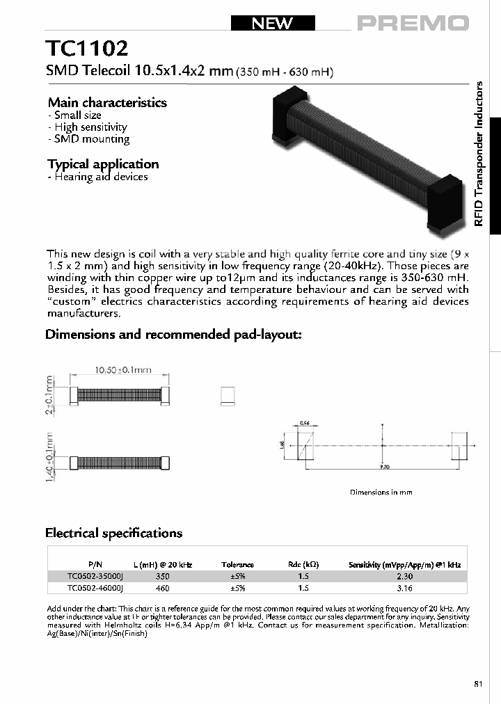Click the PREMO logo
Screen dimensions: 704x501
[x=413, y=23]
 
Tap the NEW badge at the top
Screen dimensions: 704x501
[x=273, y=23]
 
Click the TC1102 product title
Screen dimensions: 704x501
[x=87, y=49]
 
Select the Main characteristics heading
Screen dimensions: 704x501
[x=107, y=102]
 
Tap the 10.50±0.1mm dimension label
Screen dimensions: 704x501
[x=118, y=371]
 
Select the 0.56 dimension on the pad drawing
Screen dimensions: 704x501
[x=303, y=422]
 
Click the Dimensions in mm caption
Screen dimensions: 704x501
[x=381, y=492]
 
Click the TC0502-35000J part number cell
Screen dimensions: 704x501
[x=95, y=577]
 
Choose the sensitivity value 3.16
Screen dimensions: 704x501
[x=404, y=589]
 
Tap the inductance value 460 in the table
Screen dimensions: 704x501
[x=163, y=589]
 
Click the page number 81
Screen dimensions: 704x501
[x=478, y=685]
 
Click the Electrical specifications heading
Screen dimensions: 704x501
[x=113, y=533]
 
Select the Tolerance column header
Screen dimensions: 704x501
[x=237, y=565]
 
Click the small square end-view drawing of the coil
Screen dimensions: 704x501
[x=227, y=395]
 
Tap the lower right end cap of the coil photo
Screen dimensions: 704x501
[x=443, y=201]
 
